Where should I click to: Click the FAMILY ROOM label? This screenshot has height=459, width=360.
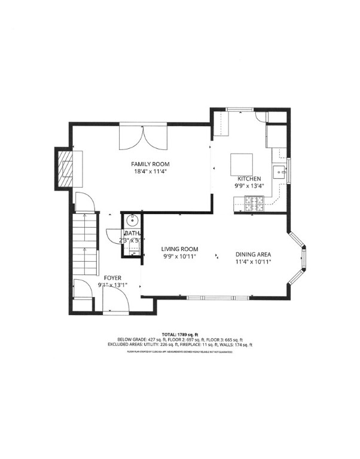[x=151, y=164]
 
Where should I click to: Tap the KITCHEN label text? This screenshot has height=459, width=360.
[x=249, y=179]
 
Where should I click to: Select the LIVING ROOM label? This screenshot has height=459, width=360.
[x=180, y=249]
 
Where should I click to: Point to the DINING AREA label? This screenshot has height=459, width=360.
[x=254, y=253]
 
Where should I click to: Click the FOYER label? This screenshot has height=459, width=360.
[x=114, y=277]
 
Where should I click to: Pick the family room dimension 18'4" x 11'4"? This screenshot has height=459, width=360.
[x=151, y=172]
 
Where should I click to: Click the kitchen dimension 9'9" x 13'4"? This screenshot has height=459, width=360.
[x=249, y=186]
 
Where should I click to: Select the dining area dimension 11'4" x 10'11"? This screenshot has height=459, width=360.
[x=254, y=261]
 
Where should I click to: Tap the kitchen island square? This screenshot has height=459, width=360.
[x=242, y=163]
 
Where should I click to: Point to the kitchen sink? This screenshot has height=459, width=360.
[x=279, y=172]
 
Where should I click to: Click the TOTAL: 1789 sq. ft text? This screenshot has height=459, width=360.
[x=180, y=334]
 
